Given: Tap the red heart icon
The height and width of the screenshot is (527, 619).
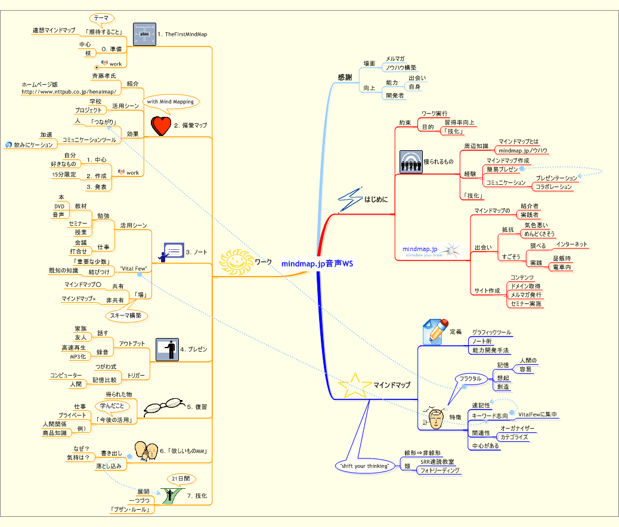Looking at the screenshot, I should point(160,125).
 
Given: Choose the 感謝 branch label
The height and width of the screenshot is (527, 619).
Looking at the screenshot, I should point(345,77).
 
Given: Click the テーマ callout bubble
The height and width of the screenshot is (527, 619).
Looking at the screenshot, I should point(101,18).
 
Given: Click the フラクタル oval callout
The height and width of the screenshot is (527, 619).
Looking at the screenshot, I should point(470,379).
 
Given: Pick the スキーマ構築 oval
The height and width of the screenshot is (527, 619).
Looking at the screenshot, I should point(126,315).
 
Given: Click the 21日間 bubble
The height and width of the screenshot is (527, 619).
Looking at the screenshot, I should point(179,479).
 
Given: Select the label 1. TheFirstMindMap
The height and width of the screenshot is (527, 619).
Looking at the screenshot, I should point(182,35).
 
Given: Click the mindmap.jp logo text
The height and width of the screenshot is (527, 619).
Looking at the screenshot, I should point(420,249).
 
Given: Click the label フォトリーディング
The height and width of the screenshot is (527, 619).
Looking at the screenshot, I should point(440,470).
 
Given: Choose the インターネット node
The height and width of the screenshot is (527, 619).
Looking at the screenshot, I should point(571,244).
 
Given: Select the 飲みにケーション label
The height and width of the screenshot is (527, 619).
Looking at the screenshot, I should point(33,145).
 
